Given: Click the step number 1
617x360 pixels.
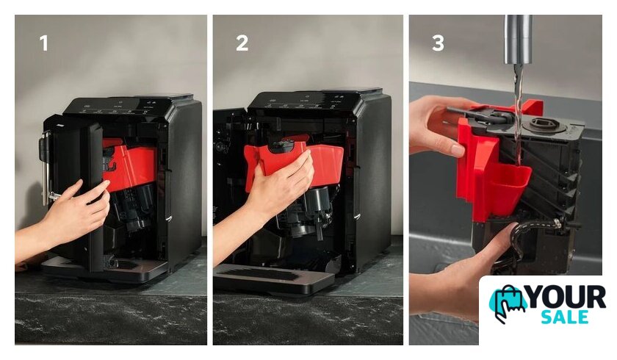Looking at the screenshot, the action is click(44, 43).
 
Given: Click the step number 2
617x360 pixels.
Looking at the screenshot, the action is click(242, 43).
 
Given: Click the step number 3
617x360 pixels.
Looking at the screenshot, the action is click(438, 43).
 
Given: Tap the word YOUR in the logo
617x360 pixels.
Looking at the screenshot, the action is click(566, 298).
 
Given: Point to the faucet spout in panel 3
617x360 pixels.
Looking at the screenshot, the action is click(519, 39).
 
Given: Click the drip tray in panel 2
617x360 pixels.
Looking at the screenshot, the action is click(273, 278).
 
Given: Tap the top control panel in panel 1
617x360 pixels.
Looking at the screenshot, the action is click(118, 107).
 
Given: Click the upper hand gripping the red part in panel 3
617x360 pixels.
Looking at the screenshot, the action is click(441, 126).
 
